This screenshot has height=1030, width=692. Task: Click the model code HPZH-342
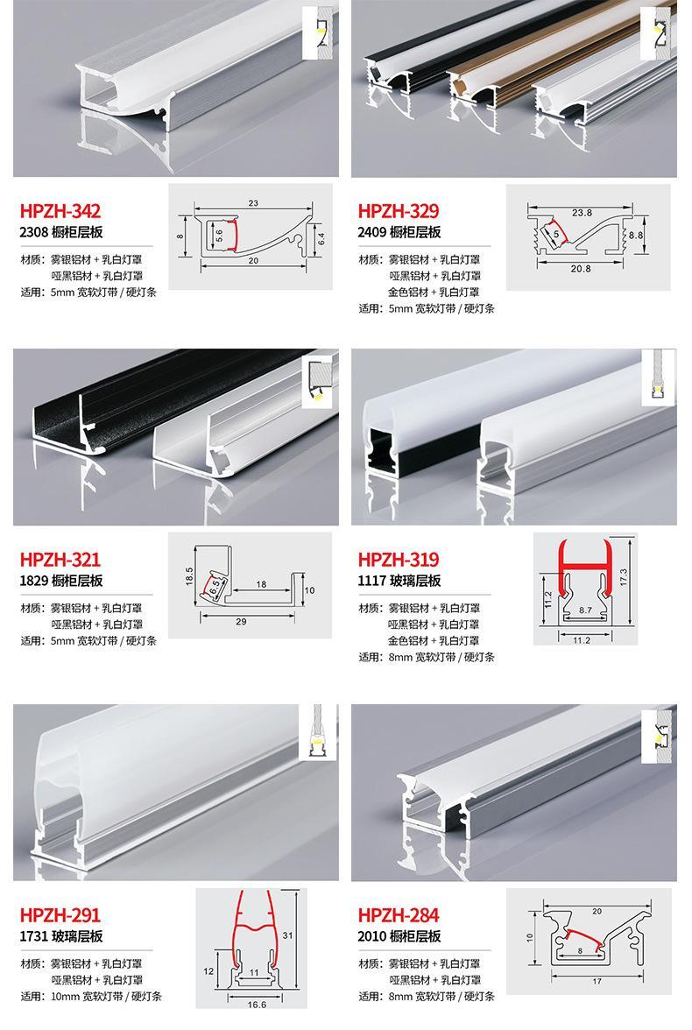(60, 211)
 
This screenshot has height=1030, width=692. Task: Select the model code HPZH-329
(399, 211)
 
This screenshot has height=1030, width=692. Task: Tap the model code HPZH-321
(60, 560)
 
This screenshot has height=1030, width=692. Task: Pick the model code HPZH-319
(399, 560)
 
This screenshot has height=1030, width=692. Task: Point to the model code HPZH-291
(60, 915)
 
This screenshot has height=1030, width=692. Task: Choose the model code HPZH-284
(399, 915)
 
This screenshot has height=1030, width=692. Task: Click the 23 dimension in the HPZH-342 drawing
(254, 203)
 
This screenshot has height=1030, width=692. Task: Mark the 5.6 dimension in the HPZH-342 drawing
(220, 236)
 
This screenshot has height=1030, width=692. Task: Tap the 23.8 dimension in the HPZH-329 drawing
(582, 213)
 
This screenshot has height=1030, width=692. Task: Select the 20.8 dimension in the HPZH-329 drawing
(580, 269)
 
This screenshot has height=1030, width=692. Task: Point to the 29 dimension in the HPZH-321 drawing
(241, 622)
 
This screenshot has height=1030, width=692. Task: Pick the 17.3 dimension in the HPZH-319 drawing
(624, 577)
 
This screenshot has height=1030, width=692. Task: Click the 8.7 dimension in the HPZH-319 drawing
(585, 610)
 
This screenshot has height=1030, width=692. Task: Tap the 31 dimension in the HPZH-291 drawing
(288, 935)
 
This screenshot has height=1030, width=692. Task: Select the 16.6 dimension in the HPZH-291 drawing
(257, 1005)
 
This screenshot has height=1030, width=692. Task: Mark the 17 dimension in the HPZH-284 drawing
(597, 981)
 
